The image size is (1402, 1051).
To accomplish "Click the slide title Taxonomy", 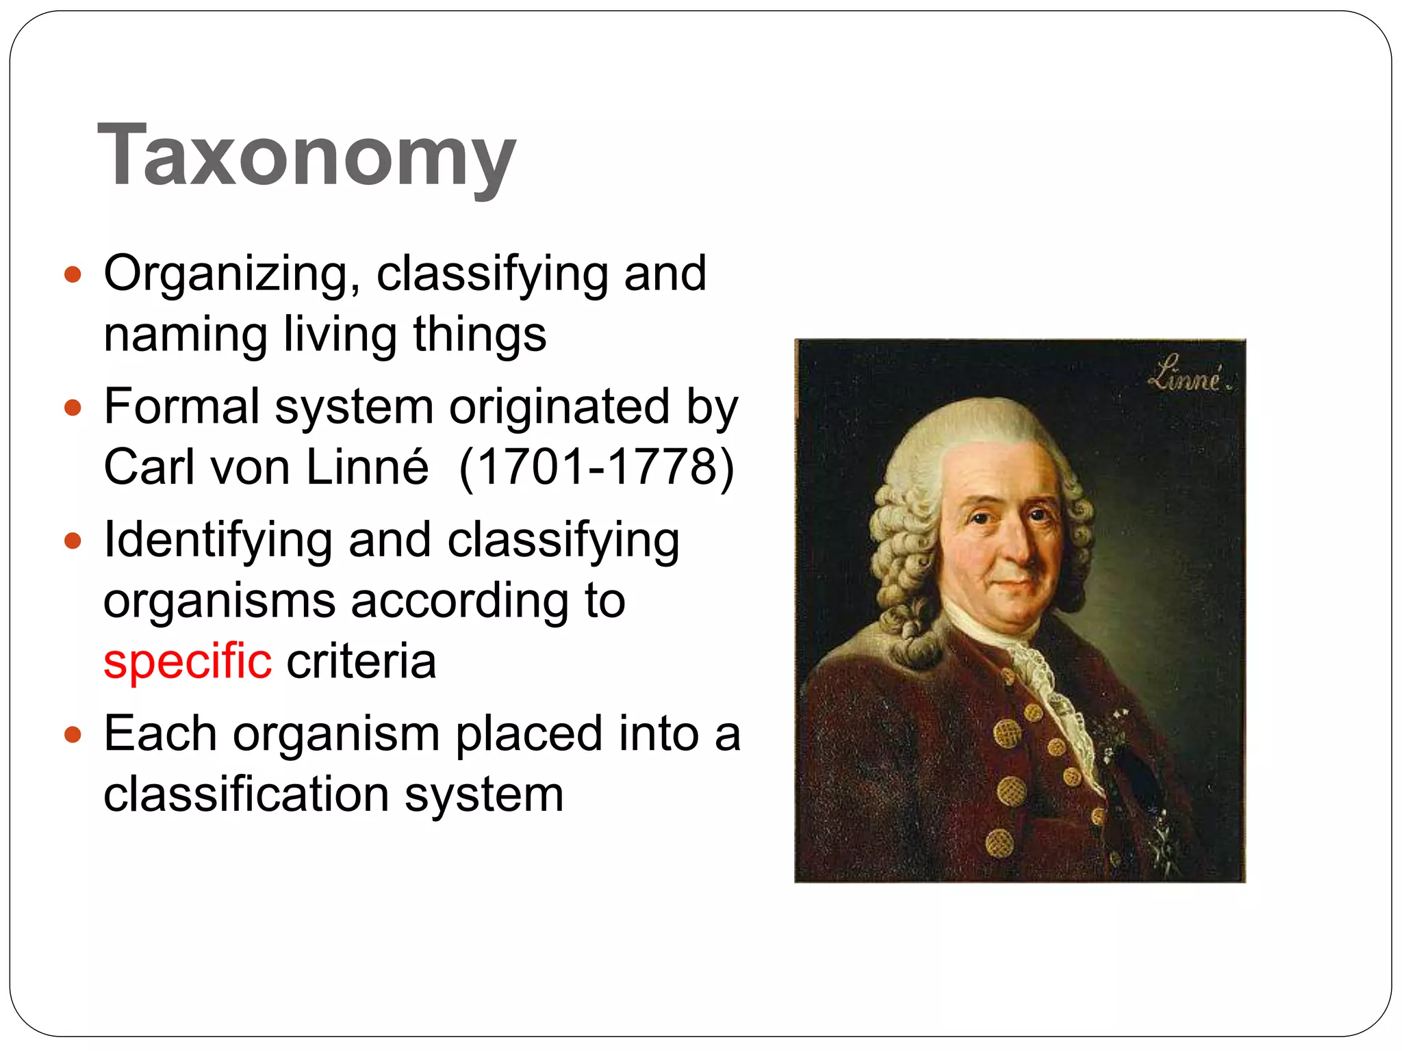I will [x=306, y=155].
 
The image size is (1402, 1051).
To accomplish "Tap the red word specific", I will [x=187, y=662].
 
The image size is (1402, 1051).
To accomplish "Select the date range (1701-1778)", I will [x=596, y=467].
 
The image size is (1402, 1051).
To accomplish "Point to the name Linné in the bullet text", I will [x=367, y=467].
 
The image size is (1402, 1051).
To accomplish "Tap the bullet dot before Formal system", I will [x=73, y=408].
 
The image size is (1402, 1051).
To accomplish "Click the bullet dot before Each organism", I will [x=73, y=736].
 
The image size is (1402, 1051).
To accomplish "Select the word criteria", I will [x=361, y=662].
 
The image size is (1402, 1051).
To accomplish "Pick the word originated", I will [x=559, y=407].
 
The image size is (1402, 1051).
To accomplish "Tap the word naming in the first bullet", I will [x=185, y=335].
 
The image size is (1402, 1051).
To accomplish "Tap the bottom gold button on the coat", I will [x=999, y=843].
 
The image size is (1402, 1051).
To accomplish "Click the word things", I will [x=479, y=335].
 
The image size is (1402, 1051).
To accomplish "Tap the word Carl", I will [x=149, y=467].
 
